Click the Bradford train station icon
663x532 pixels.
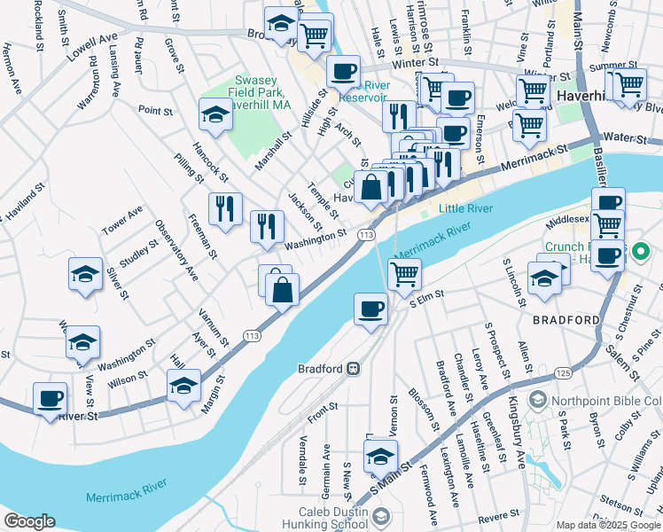pos(353,368)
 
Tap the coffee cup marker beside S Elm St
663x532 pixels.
pos(370,309)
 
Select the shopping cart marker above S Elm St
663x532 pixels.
pos(404,275)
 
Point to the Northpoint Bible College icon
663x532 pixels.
pos(537,401)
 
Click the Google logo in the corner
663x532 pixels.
pos(29,520)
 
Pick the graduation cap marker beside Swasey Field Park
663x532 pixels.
pos(214,114)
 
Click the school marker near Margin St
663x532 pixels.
pos(183,386)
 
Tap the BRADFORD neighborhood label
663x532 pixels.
pos(566,319)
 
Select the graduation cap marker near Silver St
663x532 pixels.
pos(85,274)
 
